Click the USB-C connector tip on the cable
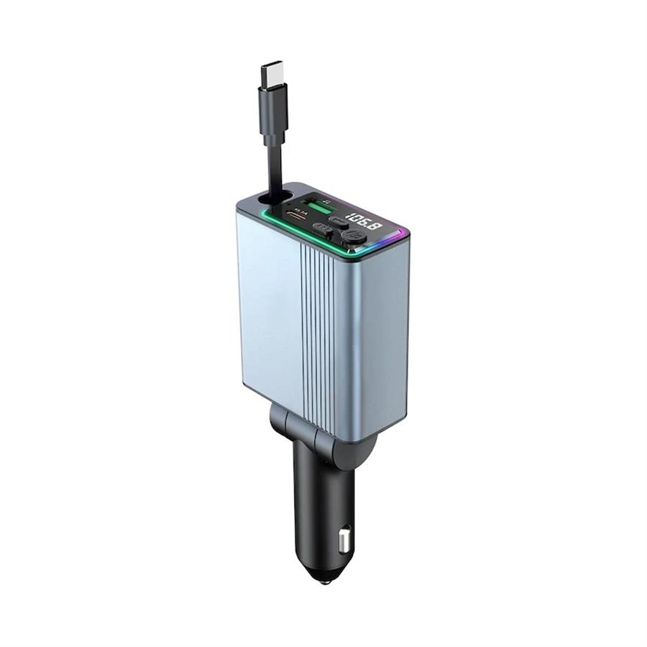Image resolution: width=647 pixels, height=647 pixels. [x=272, y=73]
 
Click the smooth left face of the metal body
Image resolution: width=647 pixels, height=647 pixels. [x=270, y=309]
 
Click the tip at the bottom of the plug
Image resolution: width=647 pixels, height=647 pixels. [x=321, y=575]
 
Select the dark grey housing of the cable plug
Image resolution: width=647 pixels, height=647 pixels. [x=273, y=108]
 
